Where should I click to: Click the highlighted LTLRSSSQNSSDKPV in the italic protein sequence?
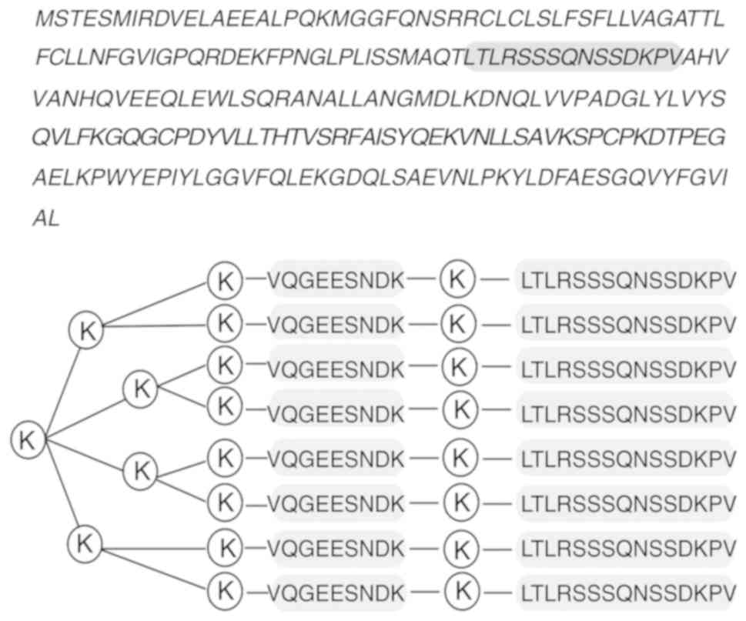click(x=574, y=57)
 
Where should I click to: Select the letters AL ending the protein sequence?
click(x=45, y=219)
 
